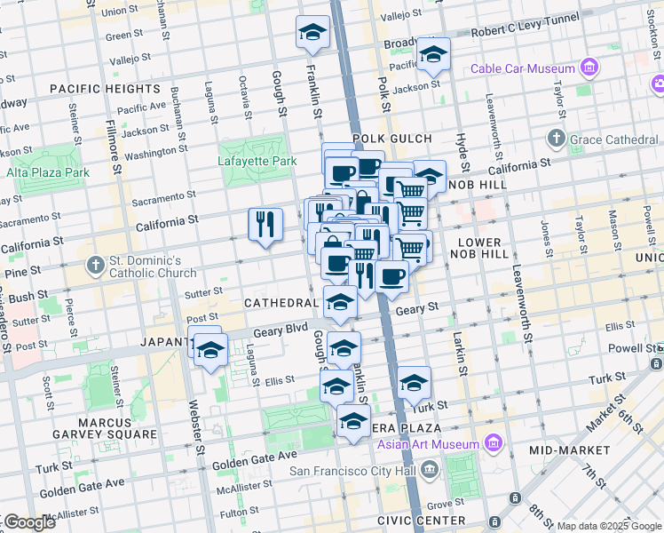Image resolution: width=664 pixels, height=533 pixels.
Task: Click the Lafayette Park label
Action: [x=257, y=161]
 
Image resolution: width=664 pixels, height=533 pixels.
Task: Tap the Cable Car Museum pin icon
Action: [x=588, y=68]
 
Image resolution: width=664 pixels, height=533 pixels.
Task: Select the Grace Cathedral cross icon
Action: [x=556, y=139]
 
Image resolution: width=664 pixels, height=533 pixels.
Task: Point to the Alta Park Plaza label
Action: [x=48, y=172]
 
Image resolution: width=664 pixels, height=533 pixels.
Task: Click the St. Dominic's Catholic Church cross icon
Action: [x=96, y=266]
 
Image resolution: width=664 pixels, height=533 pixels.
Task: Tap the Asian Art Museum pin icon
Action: [x=491, y=444]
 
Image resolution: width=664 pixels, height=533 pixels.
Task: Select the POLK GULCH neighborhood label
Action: [x=391, y=139]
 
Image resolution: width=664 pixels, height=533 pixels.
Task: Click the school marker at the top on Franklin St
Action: [x=312, y=33]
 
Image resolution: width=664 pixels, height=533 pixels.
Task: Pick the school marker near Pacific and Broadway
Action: [x=433, y=54]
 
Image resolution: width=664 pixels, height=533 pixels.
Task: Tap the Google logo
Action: [x=28, y=521]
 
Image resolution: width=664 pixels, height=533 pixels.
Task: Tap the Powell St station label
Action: [x=641, y=349]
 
